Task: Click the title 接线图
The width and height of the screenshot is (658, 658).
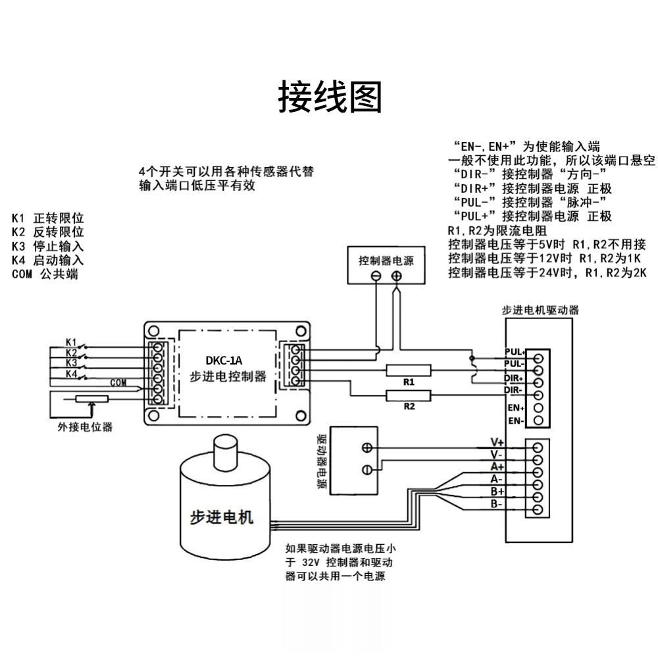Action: coord(330,97)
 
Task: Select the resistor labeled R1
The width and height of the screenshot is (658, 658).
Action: coord(409,370)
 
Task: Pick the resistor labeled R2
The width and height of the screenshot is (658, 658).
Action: coord(409,395)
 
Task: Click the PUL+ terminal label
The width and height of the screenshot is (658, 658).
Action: coord(515,351)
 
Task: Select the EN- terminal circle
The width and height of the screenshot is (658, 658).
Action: coord(538,420)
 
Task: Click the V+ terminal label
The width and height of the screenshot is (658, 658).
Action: coord(497,442)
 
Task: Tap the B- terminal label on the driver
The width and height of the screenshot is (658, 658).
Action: coord(497,504)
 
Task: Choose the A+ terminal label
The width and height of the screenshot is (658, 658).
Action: coord(497,467)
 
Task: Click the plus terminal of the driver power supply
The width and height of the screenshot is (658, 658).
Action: coord(367,447)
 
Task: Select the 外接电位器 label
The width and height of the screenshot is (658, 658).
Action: coord(85,427)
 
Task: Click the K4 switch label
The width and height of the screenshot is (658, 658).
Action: coord(72,374)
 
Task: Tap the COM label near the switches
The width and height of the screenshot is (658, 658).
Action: coord(118,382)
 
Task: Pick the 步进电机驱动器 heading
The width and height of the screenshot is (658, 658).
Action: coord(540,310)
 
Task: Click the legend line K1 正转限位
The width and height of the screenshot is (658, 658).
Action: coord(48,218)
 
